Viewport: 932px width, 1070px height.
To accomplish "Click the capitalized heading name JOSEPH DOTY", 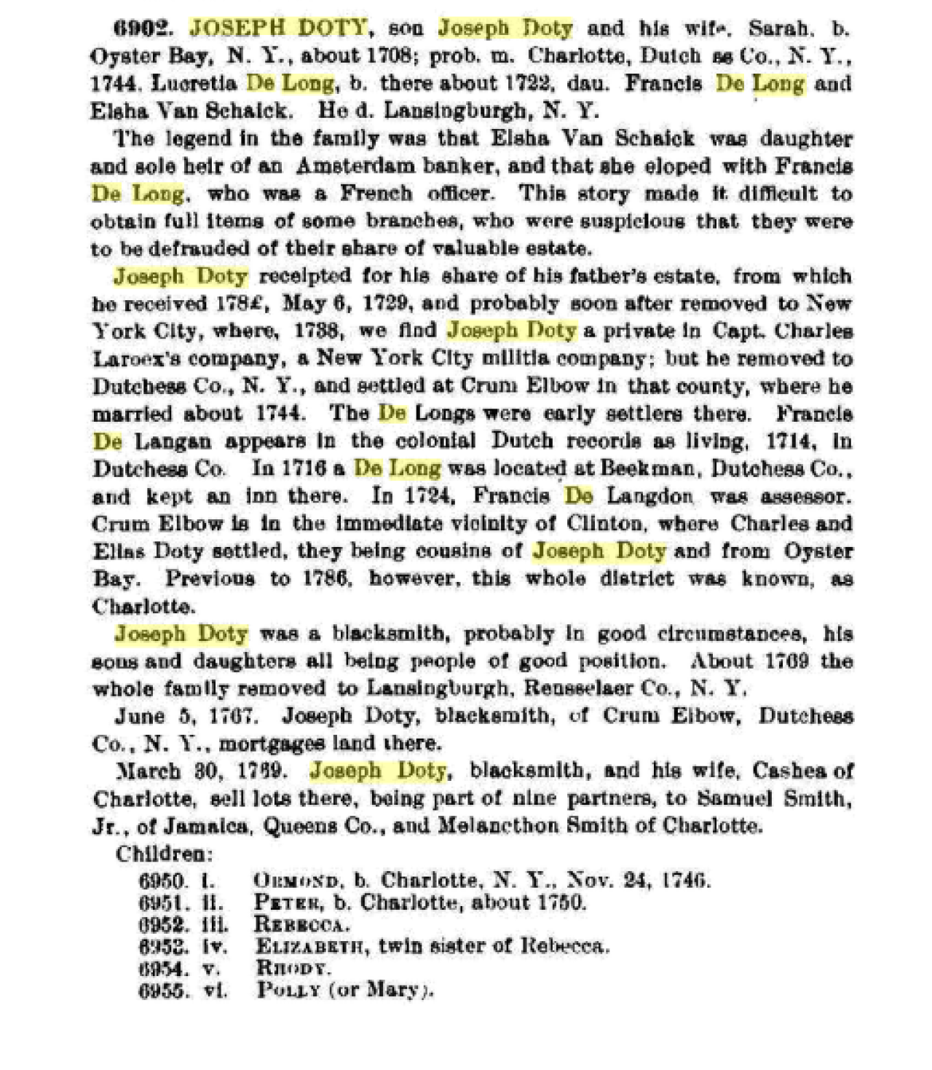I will [x=277, y=28].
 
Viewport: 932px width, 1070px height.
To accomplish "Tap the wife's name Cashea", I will [x=794, y=771].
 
